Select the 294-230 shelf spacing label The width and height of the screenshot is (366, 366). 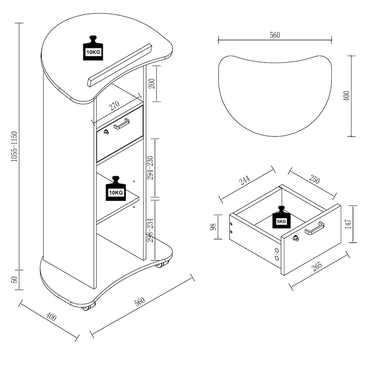[151, 168]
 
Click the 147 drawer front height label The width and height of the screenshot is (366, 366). [349, 224]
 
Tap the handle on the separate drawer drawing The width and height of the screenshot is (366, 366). [315, 227]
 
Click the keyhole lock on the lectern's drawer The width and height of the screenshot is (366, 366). [106, 132]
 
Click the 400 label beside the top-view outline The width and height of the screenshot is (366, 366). [346, 96]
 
